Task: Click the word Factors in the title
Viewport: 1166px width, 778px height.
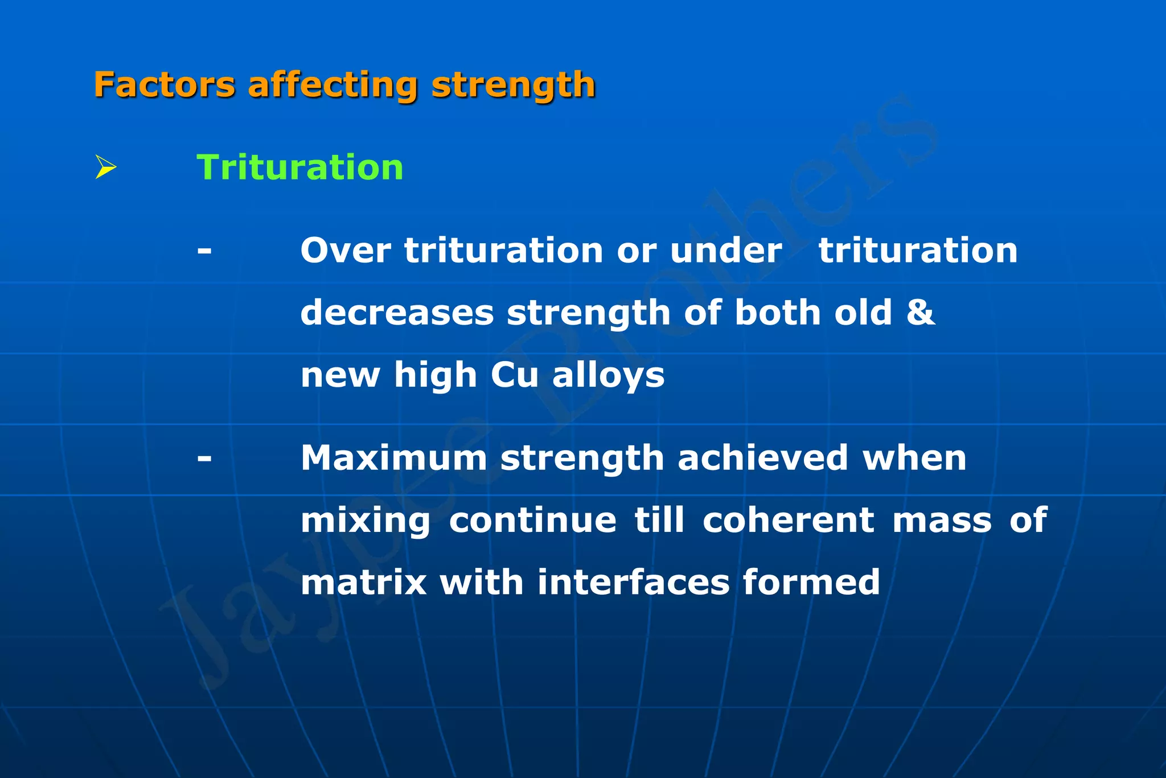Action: click(x=164, y=85)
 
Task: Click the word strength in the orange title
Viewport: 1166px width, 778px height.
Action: click(x=513, y=86)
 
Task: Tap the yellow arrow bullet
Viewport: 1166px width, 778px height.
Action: click(x=105, y=167)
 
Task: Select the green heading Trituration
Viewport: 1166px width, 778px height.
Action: click(x=300, y=167)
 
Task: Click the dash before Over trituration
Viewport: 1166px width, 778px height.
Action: click(x=204, y=251)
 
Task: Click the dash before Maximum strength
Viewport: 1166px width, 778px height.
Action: click(x=204, y=458)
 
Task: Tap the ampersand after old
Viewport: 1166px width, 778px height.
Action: click(x=920, y=313)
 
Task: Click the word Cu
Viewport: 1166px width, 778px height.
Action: click(x=514, y=375)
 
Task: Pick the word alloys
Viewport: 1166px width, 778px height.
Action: click(x=608, y=376)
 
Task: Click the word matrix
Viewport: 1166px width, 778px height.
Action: click(x=364, y=583)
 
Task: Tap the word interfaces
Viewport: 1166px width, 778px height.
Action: click(x=633, y=583)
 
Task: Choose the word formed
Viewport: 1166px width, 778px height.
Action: click(x=811, y=583)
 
